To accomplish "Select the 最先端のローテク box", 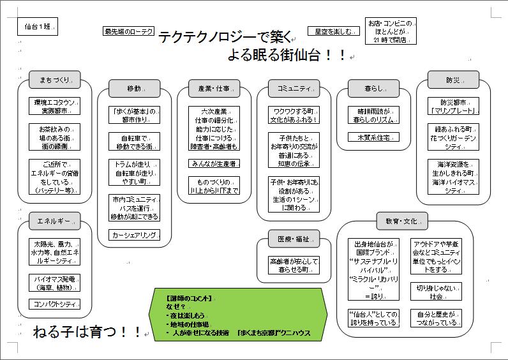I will [x=129, y=31].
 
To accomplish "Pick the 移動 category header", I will [x=134, y=88].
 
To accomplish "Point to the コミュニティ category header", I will [x=294, y=88].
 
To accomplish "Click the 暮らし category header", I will [x=373, y=88].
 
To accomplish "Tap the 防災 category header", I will [x=453, y=80].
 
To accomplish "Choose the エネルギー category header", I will [x=54, y=221].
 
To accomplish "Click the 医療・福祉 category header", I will [x=294, y=239].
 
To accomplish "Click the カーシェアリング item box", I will [x=134, y=235].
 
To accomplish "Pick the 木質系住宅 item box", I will [x=373, y=137].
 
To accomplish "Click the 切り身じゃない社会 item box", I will [x=436, y=292].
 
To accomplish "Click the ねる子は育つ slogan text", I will [x=86, y=332].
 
